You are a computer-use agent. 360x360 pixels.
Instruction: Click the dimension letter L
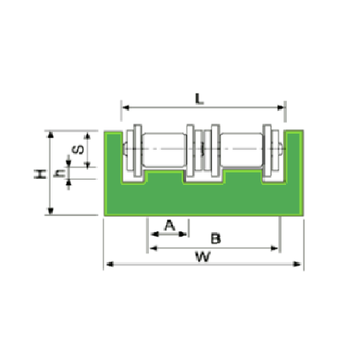(x=199, y=99)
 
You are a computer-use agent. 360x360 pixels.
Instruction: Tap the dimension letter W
(x=203, y=257)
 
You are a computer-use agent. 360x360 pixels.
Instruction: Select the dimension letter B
(x=215, y=238)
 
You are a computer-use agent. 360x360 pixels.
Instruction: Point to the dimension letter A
(x=170, y=225)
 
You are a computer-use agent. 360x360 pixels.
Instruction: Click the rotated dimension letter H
(x=40, y=174)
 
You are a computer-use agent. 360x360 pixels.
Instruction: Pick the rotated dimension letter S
(x=78, y=149)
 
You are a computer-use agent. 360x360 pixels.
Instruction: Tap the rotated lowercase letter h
(x=59, y=173)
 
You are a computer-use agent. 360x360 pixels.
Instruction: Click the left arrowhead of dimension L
(x=126, y=108)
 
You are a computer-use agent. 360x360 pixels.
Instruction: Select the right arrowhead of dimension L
(x=281, y=108)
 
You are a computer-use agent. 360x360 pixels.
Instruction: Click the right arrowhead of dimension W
(x=297, y=264)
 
